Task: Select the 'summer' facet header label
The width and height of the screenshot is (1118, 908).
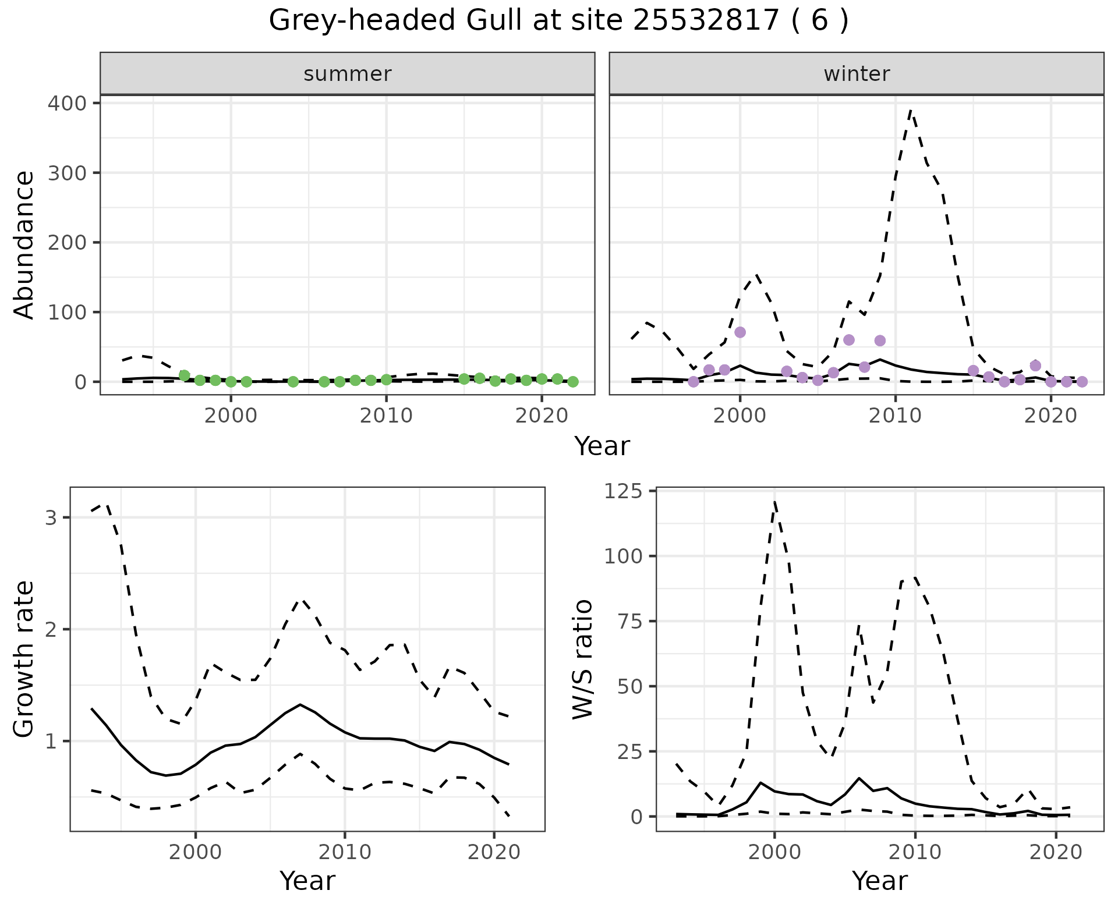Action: coord(348,74)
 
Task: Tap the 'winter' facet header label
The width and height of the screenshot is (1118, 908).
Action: coord(857,74)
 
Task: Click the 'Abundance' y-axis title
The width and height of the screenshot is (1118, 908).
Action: coord(24,244)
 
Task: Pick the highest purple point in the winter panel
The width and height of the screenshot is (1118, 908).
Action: coord(740,332)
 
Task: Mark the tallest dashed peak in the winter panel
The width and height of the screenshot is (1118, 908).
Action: coord(911,111)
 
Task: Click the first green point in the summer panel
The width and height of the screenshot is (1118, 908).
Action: coord(184,375)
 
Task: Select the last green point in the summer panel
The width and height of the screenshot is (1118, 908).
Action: coord(573,382)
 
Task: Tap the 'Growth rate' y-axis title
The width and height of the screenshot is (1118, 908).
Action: coord(24,659)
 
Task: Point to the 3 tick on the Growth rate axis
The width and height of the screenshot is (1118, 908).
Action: coord(51,517)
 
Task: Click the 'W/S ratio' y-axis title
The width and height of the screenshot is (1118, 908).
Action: coord(582,659)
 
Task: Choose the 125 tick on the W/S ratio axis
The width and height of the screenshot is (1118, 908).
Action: coord(623,491)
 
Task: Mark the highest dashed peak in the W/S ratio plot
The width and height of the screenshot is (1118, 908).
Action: coord(774,502)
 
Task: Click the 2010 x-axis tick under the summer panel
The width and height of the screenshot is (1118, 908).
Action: coord(386,416)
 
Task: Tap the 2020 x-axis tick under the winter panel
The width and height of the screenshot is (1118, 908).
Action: coord(1051,416)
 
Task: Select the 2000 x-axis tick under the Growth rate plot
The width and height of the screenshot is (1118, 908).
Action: coord(196,852)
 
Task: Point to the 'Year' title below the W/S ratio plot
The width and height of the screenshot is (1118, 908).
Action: coord(879,881)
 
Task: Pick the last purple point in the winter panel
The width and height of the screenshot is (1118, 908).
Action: coord(1082,382)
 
